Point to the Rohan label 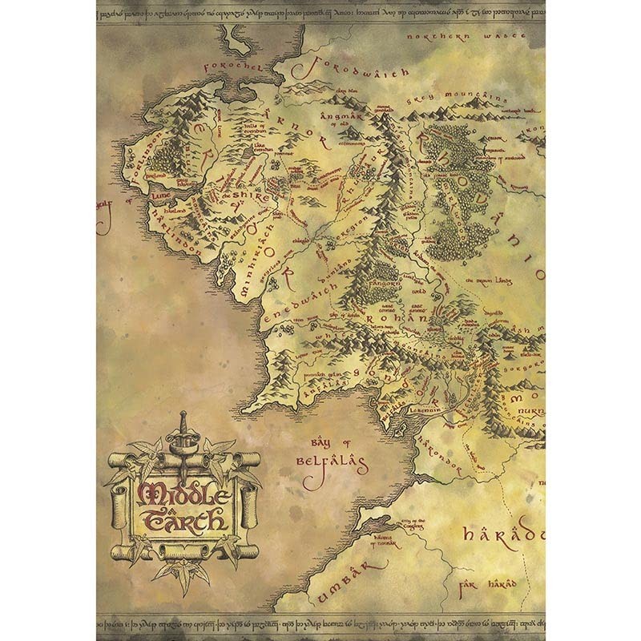393,318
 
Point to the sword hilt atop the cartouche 183,422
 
